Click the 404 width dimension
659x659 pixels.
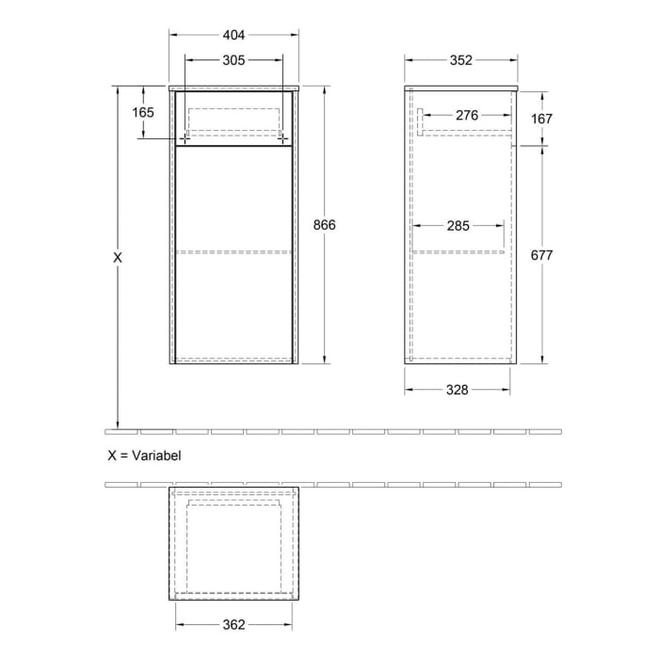coord(233,36)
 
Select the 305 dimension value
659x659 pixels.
coord(233,61)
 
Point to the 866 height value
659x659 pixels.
coord(325,225)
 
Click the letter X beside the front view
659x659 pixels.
coord(118,256)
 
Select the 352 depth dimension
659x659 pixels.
coord(460,61)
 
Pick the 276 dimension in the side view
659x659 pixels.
coord(467,116)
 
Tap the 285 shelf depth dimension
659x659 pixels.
coord(458,226)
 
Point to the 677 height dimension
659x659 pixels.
coord(543,255)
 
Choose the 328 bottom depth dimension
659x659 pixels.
coord(458,390)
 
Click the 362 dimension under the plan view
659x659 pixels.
coord(233,624)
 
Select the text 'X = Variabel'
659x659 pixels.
coord(143,455)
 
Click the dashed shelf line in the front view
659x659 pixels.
coord(233,252)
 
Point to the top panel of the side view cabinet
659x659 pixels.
coord(461,88)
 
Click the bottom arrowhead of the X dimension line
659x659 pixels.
coord(118,423)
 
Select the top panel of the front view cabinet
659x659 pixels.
coord(233,88)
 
